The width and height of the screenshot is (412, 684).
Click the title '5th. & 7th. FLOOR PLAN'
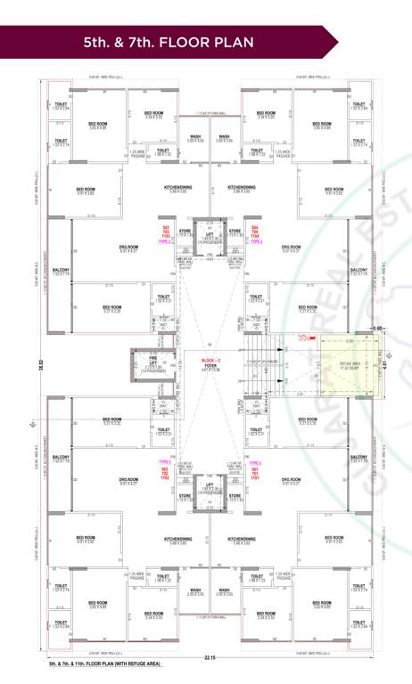pos(169,42)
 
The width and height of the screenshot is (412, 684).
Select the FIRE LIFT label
pos(153,362)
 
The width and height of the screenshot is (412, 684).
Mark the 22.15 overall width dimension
pos(210,658)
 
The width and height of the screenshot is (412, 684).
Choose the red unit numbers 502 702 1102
pos(164,473)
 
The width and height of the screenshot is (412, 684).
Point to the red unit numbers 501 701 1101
pos(255,473)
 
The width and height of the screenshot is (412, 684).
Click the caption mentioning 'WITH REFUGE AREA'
pos(105,664)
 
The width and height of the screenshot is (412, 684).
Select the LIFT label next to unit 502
pos(210,486)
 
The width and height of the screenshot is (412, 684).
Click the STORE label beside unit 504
pos(235,232)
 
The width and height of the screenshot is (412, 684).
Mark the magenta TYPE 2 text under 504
pos(255,242)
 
